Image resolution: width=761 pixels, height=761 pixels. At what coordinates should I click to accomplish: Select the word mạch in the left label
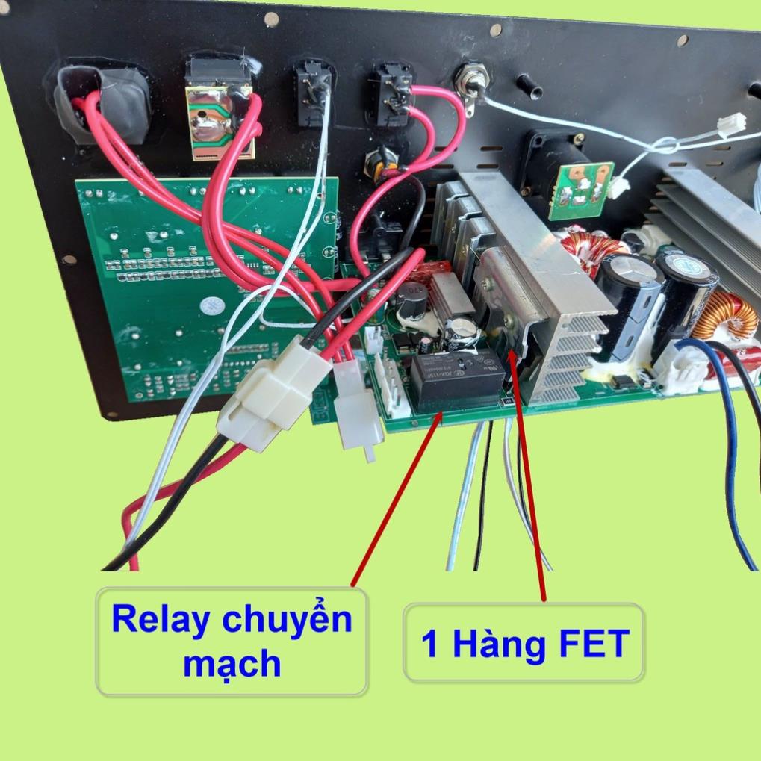pyautogui.click(x=232, y=663)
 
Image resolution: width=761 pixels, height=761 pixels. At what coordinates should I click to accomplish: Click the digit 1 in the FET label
pyautogui.click(x=429, y=644)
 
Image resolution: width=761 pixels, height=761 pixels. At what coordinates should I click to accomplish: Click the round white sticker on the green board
pyautogui.click(x=211, y=305)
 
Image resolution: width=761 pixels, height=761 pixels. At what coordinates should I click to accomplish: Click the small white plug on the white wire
pyautogui.click(x=730, y=125)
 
